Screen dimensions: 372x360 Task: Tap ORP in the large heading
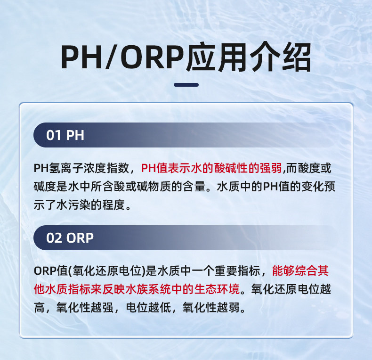(x=152, y=57)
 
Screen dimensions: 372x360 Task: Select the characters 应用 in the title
(x=216, y=57)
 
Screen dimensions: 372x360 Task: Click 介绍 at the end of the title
(x=280, y=57)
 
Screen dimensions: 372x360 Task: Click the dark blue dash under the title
(x=186, y=85)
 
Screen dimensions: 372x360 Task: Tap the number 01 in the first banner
(x=54, y=135)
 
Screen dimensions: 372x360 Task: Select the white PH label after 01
(x=75, y=135)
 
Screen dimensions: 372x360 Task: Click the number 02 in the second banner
(x=54, y=237)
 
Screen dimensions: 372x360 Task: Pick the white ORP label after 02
(x=80, y=237)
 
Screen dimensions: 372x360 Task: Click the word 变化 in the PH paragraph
(x=313, y=187)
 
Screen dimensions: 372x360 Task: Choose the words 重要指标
(x=237, y=271)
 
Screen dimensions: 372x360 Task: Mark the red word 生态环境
(x=217, y=289)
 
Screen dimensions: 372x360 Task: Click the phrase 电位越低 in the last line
(x=148, y=308)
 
